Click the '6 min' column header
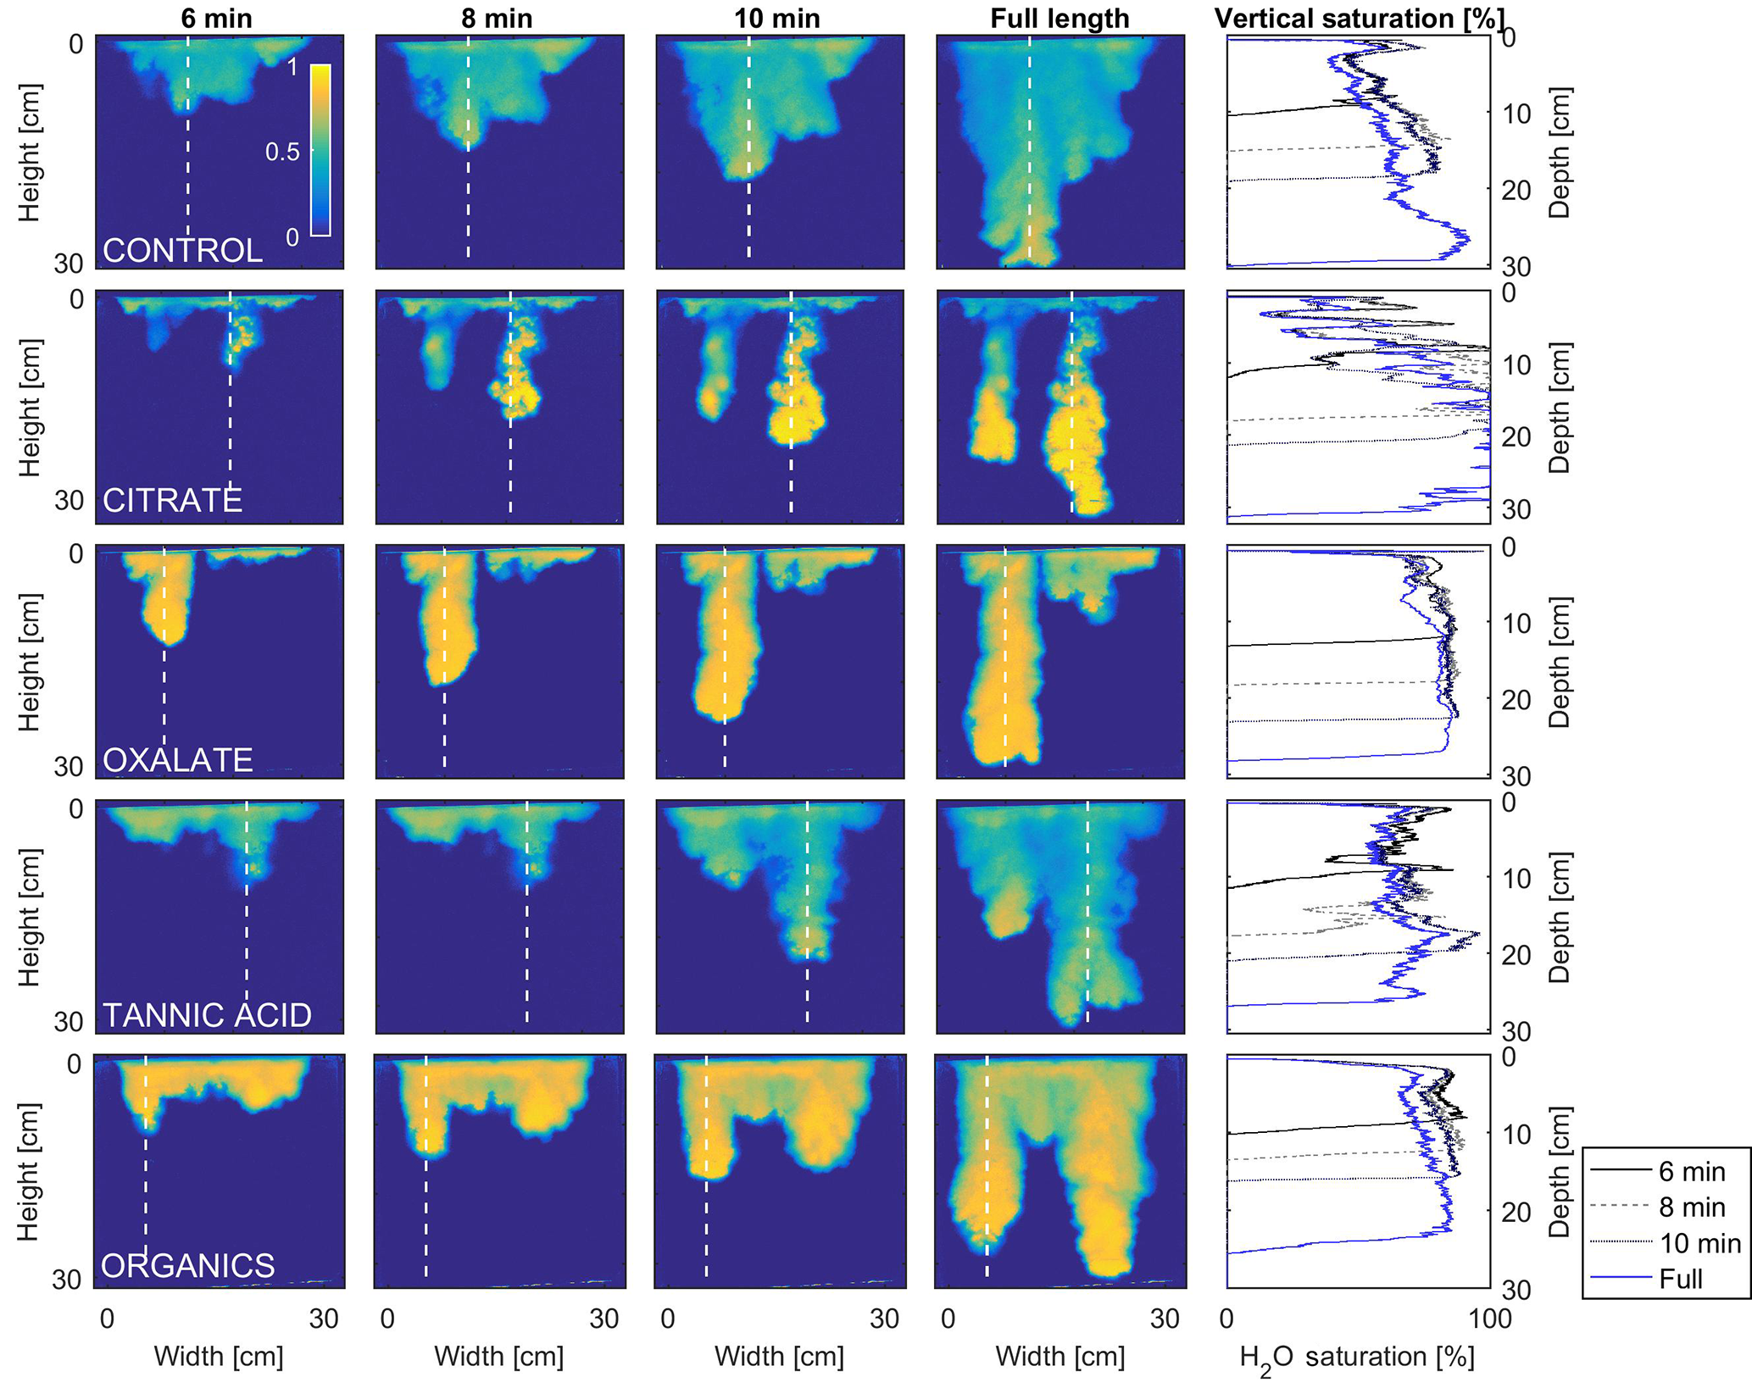tap(216, 18)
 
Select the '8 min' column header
tap(497, 18)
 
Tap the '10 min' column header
tap(776, 18)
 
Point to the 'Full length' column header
tap(1060, 18)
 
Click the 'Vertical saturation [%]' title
tap(1360, 18)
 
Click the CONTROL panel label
tap(182, 251)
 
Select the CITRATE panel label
tap(172, 501)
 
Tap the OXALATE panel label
tap(177, 760)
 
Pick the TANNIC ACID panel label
tap(207, 1015)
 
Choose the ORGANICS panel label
tap(187, 1265)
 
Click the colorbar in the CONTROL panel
tap(320, 149)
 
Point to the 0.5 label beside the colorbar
tap(282, 153)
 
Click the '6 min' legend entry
tap(1692, 1172)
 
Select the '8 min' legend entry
tap(1692, 1208)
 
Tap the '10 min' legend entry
tap(1699, 1243)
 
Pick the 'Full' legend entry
tap(1680, 1279)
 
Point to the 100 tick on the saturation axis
tap(1489, 1319)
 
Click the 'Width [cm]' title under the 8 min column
tap(498, 1357)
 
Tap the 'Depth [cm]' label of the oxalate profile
tap(1560, 663)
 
